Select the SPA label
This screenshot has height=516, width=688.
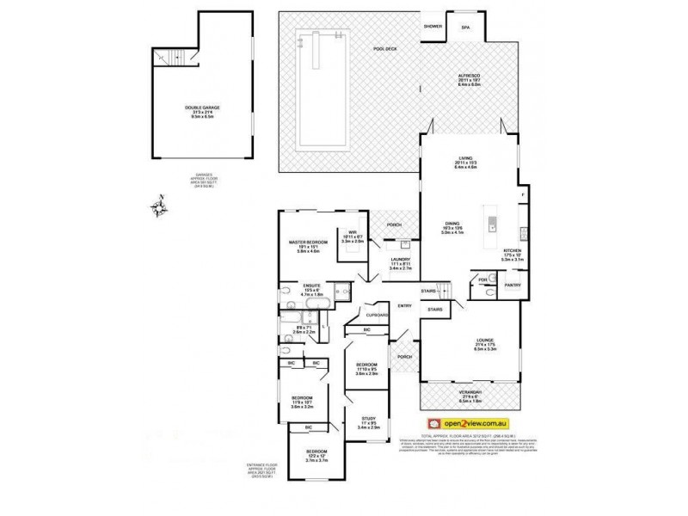pos(466,28)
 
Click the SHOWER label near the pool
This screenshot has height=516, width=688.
pos(432,28)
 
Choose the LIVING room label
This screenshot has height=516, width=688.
pos(469,160)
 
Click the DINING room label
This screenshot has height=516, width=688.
pos(451,223)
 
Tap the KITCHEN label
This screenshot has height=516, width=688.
pos(513,250)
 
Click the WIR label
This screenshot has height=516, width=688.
pos(353,232)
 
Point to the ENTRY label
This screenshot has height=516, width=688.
pos(404,305)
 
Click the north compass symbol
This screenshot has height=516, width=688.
pos(159,206)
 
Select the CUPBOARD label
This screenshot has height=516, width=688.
pos(378,315)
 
